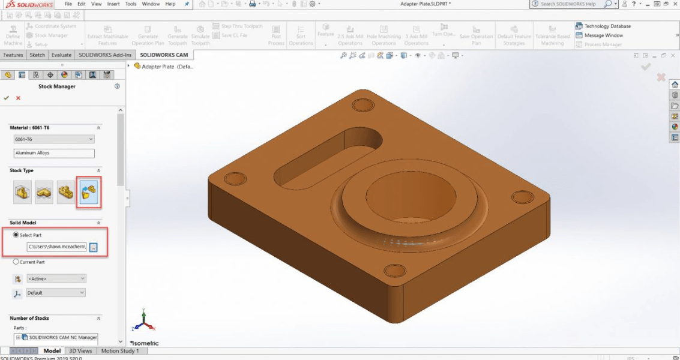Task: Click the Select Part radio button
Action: [16, 235]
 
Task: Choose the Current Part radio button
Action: [16, 262]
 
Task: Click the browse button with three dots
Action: [93, 247]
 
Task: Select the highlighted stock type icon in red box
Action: [88, 193]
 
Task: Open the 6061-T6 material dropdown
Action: [54, 139]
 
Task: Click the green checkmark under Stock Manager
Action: [7, 98]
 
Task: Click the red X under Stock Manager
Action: [18, 98]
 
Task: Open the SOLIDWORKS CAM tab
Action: [164, 55]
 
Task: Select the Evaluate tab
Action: [61, 55]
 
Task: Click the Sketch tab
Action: [37, 55]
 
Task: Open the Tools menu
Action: [130, 4]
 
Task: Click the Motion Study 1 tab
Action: [119, 351]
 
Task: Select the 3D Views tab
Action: [80, 351]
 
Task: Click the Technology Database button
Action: [607, 26]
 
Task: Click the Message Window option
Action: [603, 35]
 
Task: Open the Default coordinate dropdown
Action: [56, 293]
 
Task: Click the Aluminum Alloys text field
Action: [54, 153]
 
